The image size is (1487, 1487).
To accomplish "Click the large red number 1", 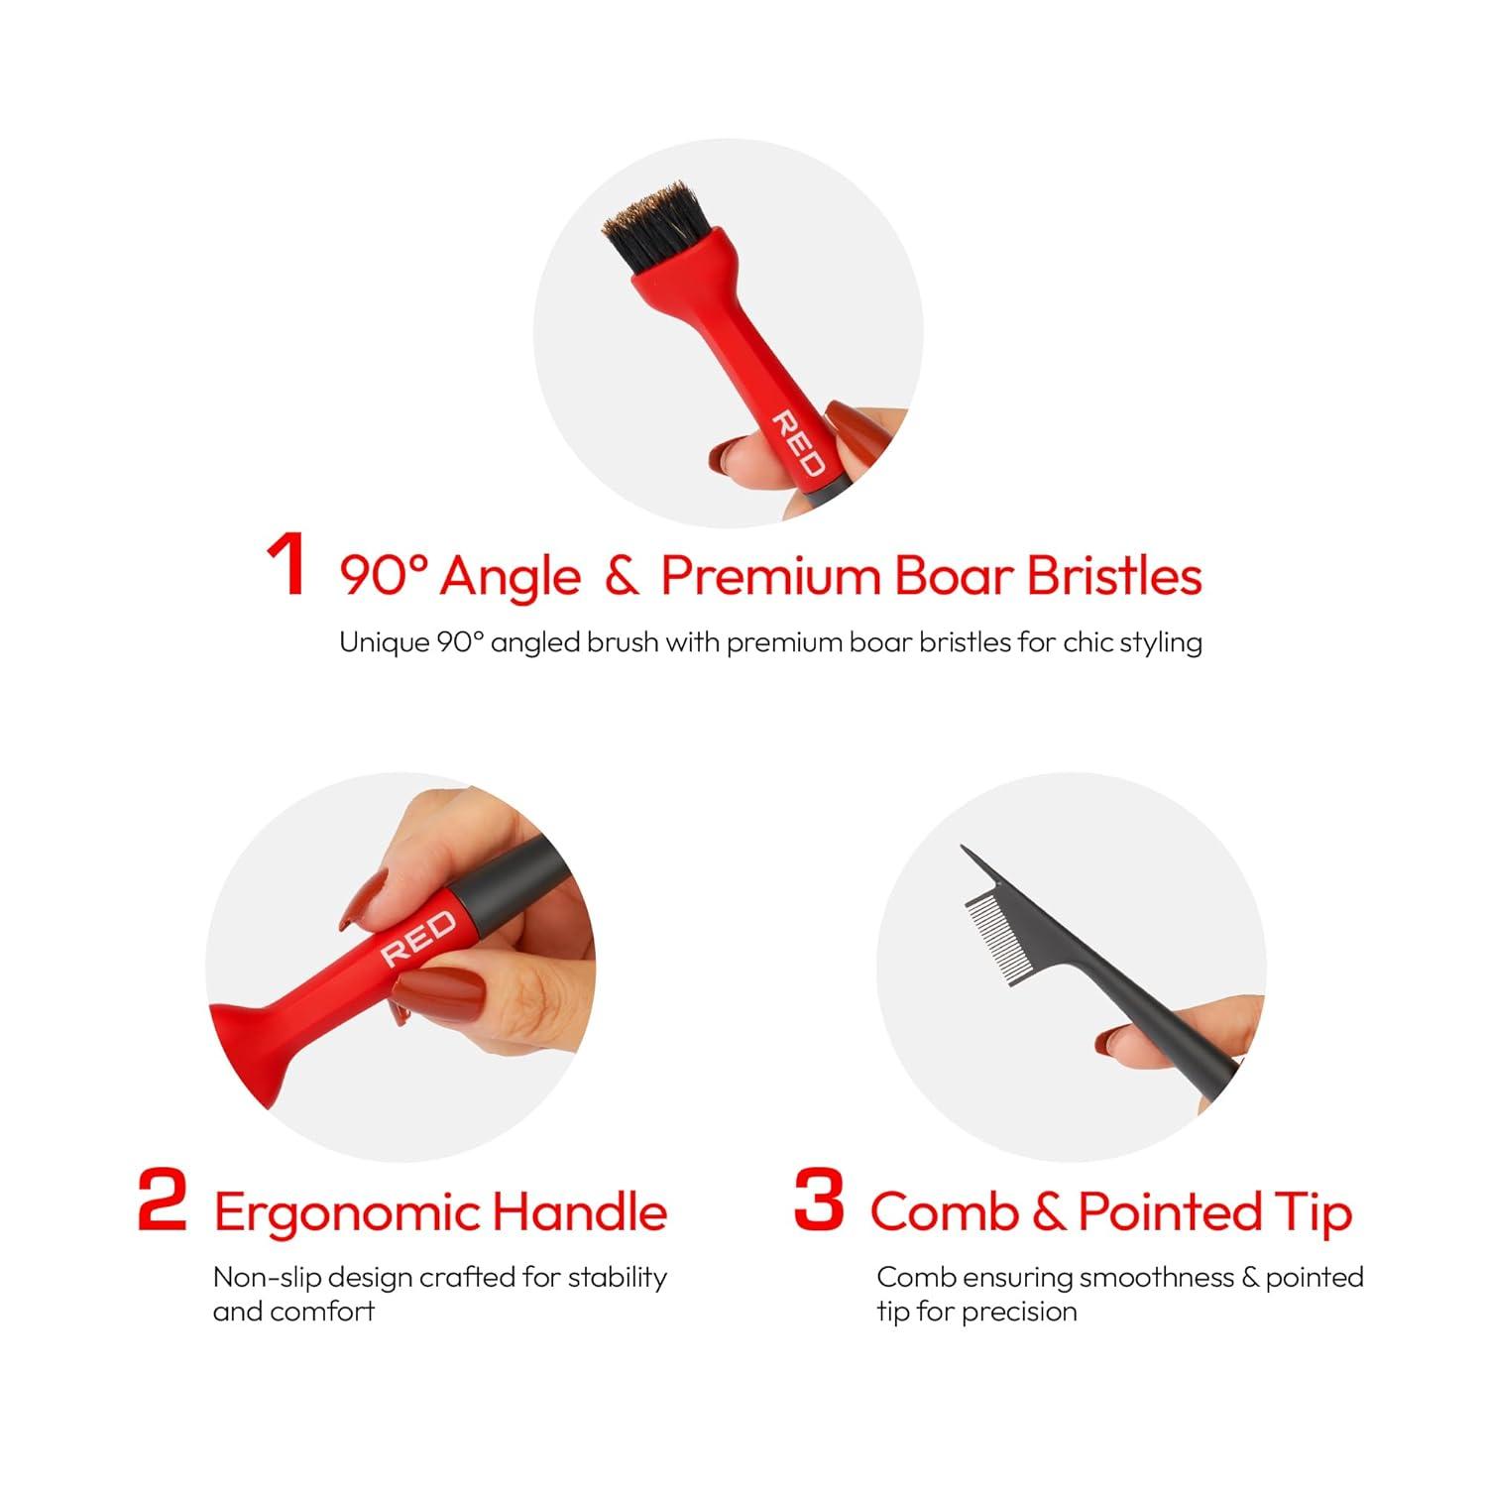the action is tap(286, 565).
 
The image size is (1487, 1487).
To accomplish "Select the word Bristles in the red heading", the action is tap(1114, 575).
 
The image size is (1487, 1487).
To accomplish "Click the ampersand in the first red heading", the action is tap(621, 576).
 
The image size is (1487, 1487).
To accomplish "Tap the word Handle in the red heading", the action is tap(580, 1211).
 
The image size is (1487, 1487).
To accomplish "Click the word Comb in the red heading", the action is tap(944, 1211).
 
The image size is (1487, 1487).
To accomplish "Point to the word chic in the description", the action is tap(1088, 642).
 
